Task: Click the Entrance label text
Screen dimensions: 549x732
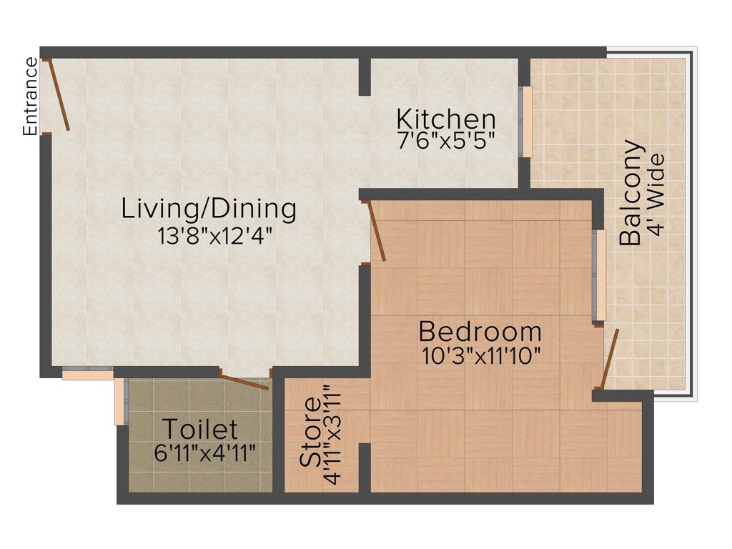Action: click(30, 97)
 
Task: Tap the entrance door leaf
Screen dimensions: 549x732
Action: click(59, 96)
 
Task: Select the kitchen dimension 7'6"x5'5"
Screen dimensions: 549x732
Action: click(446, 139)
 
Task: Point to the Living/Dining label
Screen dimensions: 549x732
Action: click(209, 209)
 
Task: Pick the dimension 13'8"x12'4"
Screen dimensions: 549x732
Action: click(216, 234)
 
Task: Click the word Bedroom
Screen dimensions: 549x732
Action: click(480, 332)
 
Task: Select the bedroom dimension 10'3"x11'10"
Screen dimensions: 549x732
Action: click(480, 355)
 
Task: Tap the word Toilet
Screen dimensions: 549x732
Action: click(199, 430)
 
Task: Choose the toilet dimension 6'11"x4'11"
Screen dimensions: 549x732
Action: click(204, 453)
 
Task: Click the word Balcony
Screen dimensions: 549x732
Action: click(630, 194)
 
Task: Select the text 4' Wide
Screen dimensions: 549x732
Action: click(656, 194)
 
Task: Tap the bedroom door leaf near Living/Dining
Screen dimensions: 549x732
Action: click(377, 232)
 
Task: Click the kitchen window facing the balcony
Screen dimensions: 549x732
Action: click(527, 122)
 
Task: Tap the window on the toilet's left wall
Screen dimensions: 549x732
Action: click(120, 401)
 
